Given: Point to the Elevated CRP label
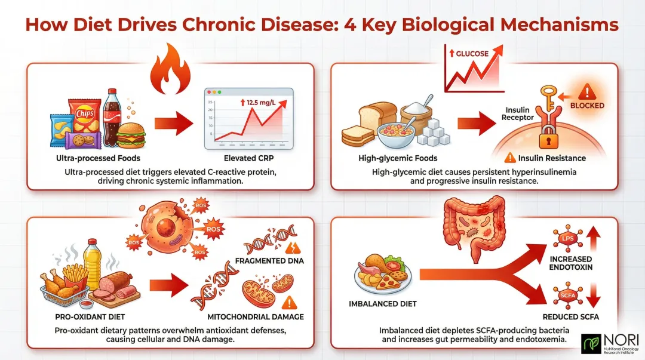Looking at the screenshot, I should (249, 158).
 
